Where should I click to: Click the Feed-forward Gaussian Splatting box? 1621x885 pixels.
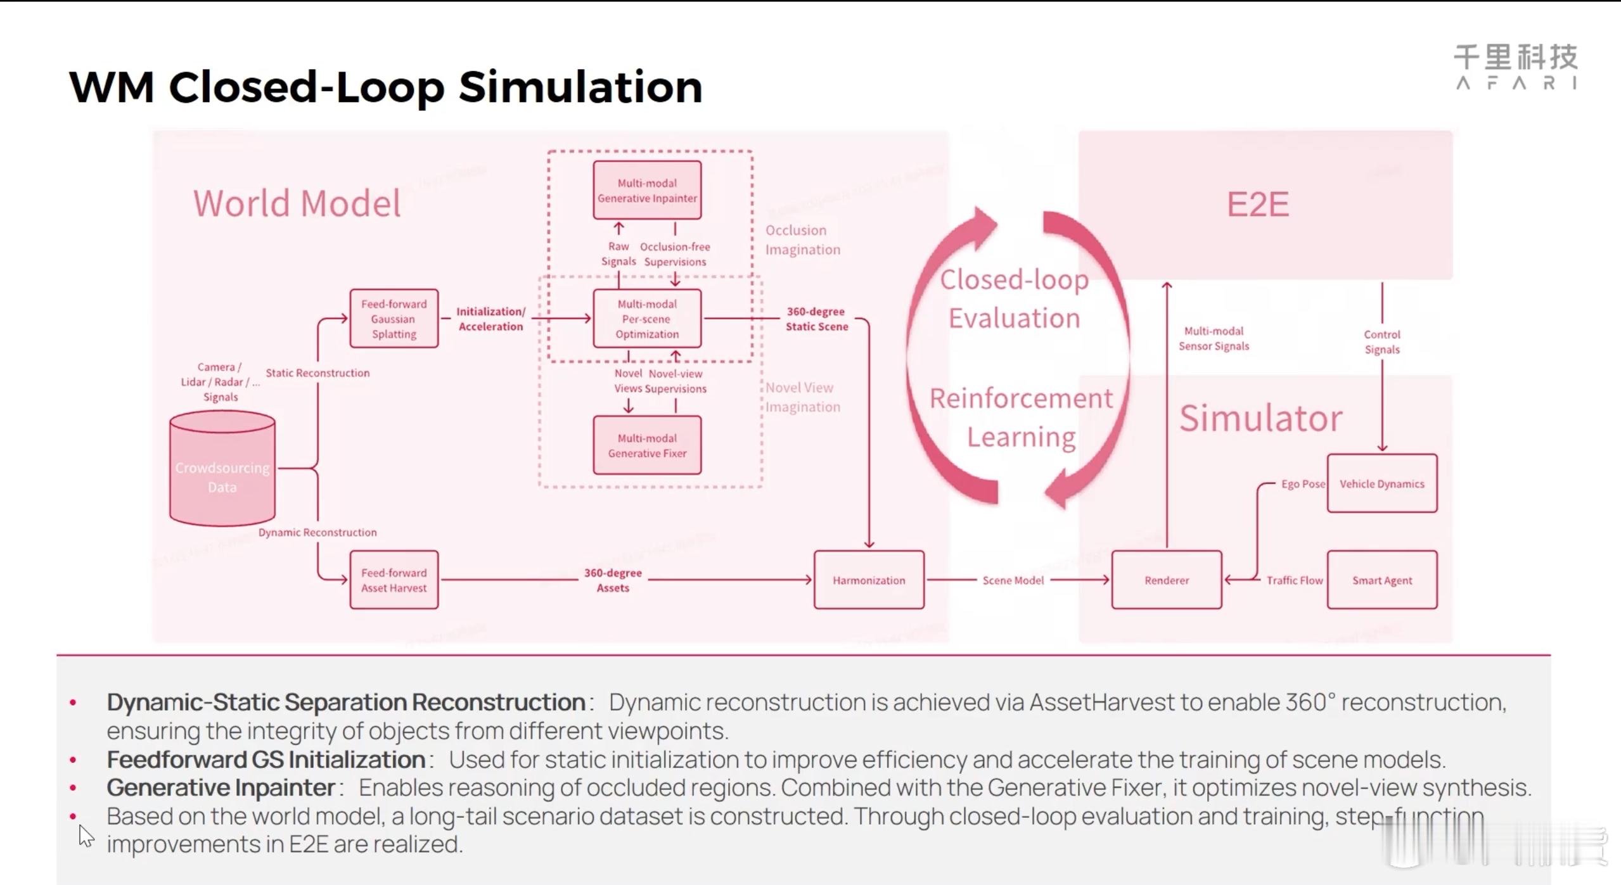[x=394, y=319]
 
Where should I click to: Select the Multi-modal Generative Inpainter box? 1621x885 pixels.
[x=647, y=190]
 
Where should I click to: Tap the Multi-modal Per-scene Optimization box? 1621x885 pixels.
[x=647, y=319]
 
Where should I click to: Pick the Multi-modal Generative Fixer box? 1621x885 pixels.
[x=647, y=445]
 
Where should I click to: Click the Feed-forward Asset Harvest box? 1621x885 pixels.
[x=394, y=580]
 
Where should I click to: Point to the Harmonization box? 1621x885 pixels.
[x=869, y=580]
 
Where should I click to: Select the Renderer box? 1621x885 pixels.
[x=1167, y=580]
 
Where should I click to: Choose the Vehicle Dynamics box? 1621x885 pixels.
[x=1382, y=483]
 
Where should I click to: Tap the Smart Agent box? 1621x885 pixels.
[x=1382, y=580]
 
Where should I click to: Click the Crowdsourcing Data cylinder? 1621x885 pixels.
[x=222, y=469]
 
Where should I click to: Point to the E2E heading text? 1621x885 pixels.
[x=1258, y=204]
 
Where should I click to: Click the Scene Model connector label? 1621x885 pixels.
[x=1013, y=580]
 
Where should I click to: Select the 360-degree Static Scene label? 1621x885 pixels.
[x=816, y=319]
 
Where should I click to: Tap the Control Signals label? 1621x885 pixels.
[x=1382, y=341]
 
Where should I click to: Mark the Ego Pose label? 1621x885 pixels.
[x=1302, y=483]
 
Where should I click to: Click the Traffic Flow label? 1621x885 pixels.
[x=1294, y=580]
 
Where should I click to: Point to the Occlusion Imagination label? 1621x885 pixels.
[x=802, y=239]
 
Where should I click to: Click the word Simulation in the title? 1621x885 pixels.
[x=580, y=86]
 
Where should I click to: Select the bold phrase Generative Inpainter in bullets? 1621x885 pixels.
[x=221, y=787]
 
